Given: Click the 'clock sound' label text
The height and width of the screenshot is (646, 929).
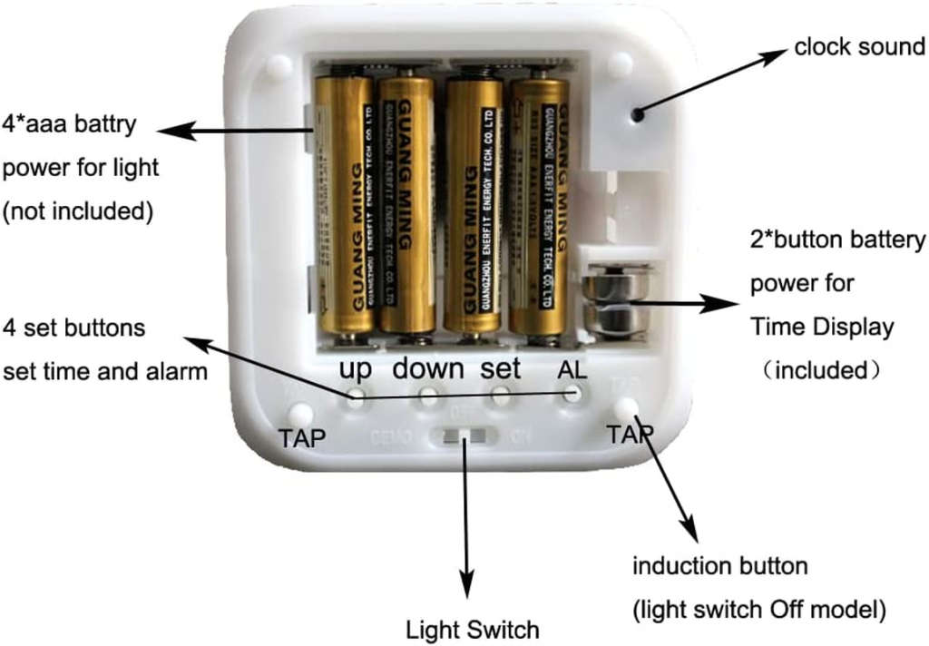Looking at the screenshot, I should [858, 46].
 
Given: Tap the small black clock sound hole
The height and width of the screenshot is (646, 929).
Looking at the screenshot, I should [638, 114].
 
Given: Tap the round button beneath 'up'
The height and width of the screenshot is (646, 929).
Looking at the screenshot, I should [356, 396].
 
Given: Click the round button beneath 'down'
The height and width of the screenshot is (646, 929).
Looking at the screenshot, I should [427, 396].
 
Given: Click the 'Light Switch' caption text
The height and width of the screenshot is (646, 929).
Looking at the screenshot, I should [472, 629].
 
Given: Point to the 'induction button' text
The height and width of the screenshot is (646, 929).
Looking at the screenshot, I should [719, 567].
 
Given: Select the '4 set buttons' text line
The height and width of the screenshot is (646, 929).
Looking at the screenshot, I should [74, 327].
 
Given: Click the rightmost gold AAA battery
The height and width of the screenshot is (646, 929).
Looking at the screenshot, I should [539, 207].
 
